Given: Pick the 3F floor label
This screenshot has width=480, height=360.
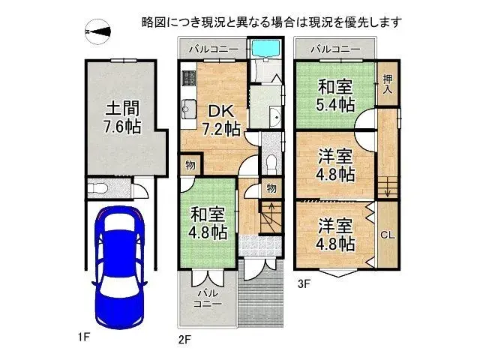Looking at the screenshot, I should [304, 283].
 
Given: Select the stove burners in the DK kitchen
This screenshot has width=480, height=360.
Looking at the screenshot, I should [187, 78].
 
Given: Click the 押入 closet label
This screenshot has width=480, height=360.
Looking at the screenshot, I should [387, 84].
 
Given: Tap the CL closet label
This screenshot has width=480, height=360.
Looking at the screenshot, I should [388, 235].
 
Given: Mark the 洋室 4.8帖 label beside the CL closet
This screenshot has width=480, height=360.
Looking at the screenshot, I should [334, 234].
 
